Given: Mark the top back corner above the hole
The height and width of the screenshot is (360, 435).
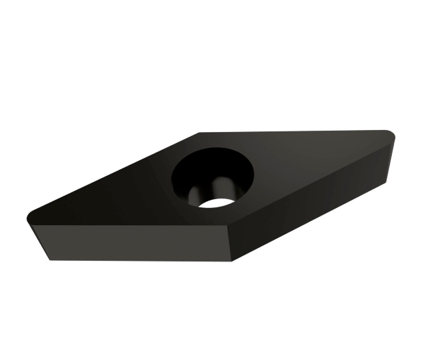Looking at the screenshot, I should (199, 133).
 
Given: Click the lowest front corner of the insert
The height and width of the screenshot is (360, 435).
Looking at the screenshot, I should (233, 262).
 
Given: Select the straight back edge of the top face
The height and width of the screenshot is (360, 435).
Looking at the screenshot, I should (294, 130).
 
